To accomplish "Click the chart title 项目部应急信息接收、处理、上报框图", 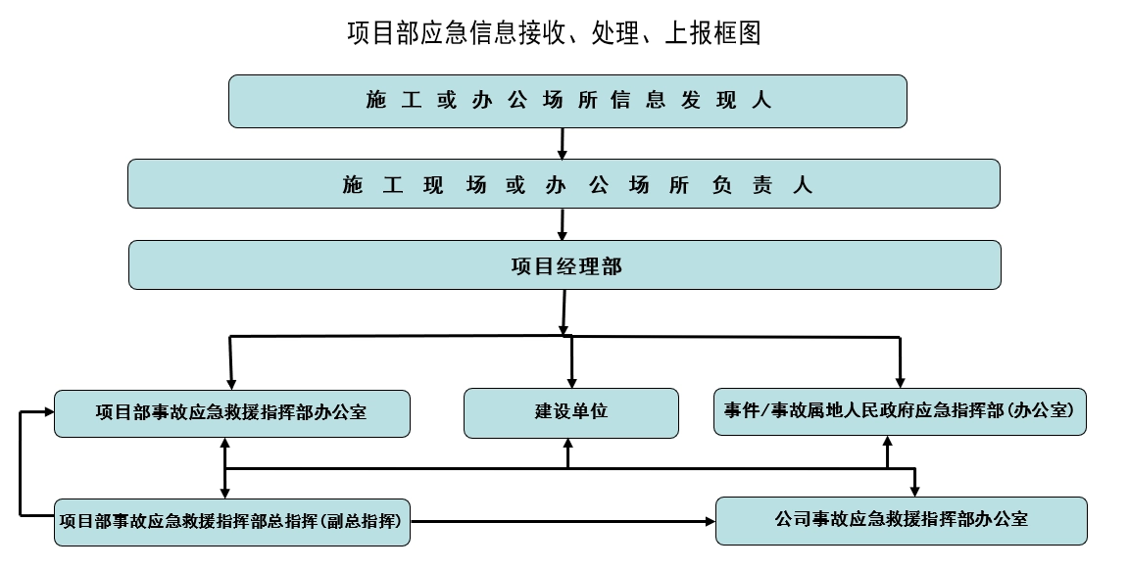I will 554,32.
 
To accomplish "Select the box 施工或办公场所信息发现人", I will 567,101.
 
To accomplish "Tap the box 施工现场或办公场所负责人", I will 564,184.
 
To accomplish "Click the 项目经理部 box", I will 564,265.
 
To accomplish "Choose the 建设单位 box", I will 570,412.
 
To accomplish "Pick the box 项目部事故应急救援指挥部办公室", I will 231,412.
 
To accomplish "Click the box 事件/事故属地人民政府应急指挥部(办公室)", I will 900,411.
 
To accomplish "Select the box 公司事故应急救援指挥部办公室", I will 901,520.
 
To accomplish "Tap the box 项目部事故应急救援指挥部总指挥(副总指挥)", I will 231,521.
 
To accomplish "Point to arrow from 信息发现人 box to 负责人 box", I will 563,144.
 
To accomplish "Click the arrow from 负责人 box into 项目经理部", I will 563,224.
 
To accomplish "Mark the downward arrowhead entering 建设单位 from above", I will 571,381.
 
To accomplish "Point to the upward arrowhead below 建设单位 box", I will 568,446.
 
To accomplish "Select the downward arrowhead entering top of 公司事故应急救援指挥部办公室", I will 915,490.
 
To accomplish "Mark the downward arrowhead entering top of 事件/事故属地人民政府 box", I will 900,381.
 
